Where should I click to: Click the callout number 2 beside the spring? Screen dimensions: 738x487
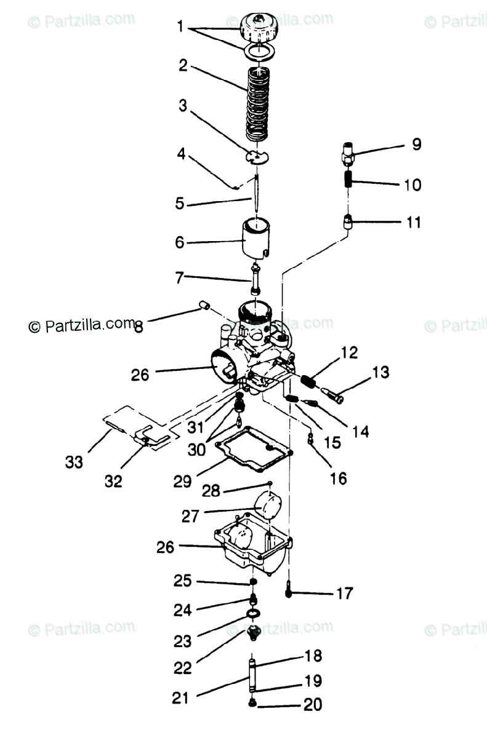click(183, 66)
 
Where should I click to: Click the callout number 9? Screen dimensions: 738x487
click(417, 145)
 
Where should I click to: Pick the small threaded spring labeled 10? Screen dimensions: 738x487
click(348, 181)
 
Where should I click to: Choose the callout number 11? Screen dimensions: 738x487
click(414, 222)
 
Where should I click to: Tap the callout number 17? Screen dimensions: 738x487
click(344, 593)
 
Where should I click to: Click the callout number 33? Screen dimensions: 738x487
click(74, 461)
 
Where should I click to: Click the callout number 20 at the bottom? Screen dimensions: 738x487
click(312, 704)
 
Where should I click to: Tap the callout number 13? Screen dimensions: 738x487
click(381, 372)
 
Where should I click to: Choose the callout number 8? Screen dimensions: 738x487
click(138, 327)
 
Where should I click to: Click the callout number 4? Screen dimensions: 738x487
click(181, 153)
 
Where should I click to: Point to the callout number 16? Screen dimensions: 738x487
click(338, 477)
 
